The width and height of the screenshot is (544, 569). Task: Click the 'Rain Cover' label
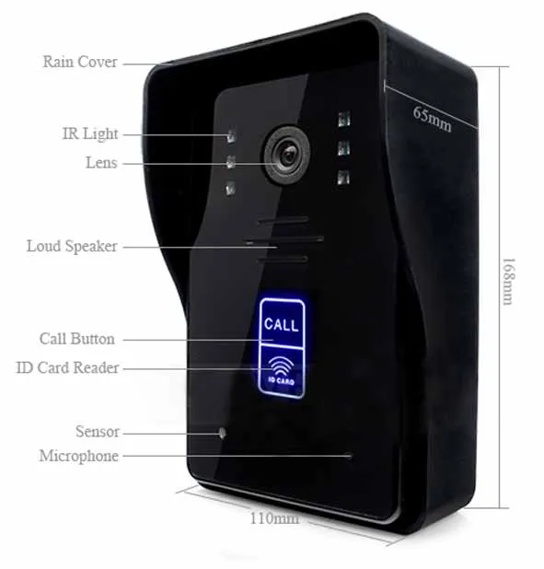[80, 62]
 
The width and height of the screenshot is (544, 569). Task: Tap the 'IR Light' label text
[90, 134]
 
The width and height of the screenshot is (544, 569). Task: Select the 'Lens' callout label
[101, 163]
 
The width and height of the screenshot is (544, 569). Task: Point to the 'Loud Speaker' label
[72, 247]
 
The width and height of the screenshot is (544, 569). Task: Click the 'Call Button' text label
[77, 339]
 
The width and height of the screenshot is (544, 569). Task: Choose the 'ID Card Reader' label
[67, 367]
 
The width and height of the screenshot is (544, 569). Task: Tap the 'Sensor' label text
[98, 432]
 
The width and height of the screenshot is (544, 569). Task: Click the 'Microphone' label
[79, 456]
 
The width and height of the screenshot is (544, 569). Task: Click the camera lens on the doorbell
[287, 155]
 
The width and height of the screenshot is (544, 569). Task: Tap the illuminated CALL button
[282, 322]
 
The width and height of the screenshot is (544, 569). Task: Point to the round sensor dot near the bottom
[222, 433]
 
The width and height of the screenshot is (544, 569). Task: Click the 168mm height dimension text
[508, 281]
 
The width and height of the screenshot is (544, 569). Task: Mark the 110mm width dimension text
[274, 518]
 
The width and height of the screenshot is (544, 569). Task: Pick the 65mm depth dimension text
[433, 119]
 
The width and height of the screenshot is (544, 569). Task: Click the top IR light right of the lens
[344, 119]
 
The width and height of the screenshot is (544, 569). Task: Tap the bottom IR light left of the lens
[230, 189]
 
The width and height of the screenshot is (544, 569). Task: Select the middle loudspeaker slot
[284, 240]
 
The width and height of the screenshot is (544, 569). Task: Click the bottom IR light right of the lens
[343, 178]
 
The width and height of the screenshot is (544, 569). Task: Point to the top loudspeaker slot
[284, 220]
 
